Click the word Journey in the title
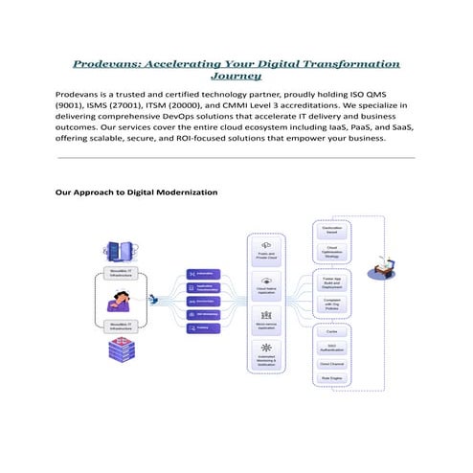point(236,76)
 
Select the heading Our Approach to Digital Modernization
point(137,192)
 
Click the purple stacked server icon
point(121,351)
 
